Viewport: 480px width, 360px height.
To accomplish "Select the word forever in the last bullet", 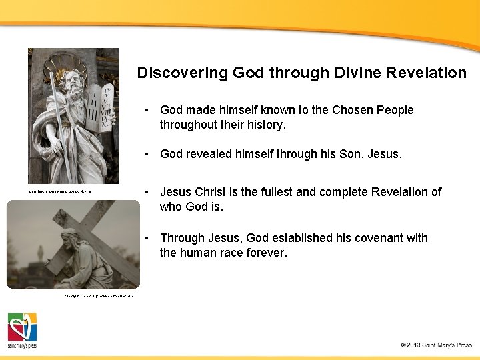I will point(265,253).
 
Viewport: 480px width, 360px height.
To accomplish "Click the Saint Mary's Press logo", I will point(22,330).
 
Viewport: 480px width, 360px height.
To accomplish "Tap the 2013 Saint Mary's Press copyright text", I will point(436,345).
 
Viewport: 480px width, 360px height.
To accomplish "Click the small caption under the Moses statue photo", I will point(59,192).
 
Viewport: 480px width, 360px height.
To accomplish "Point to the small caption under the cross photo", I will point(99,295).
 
